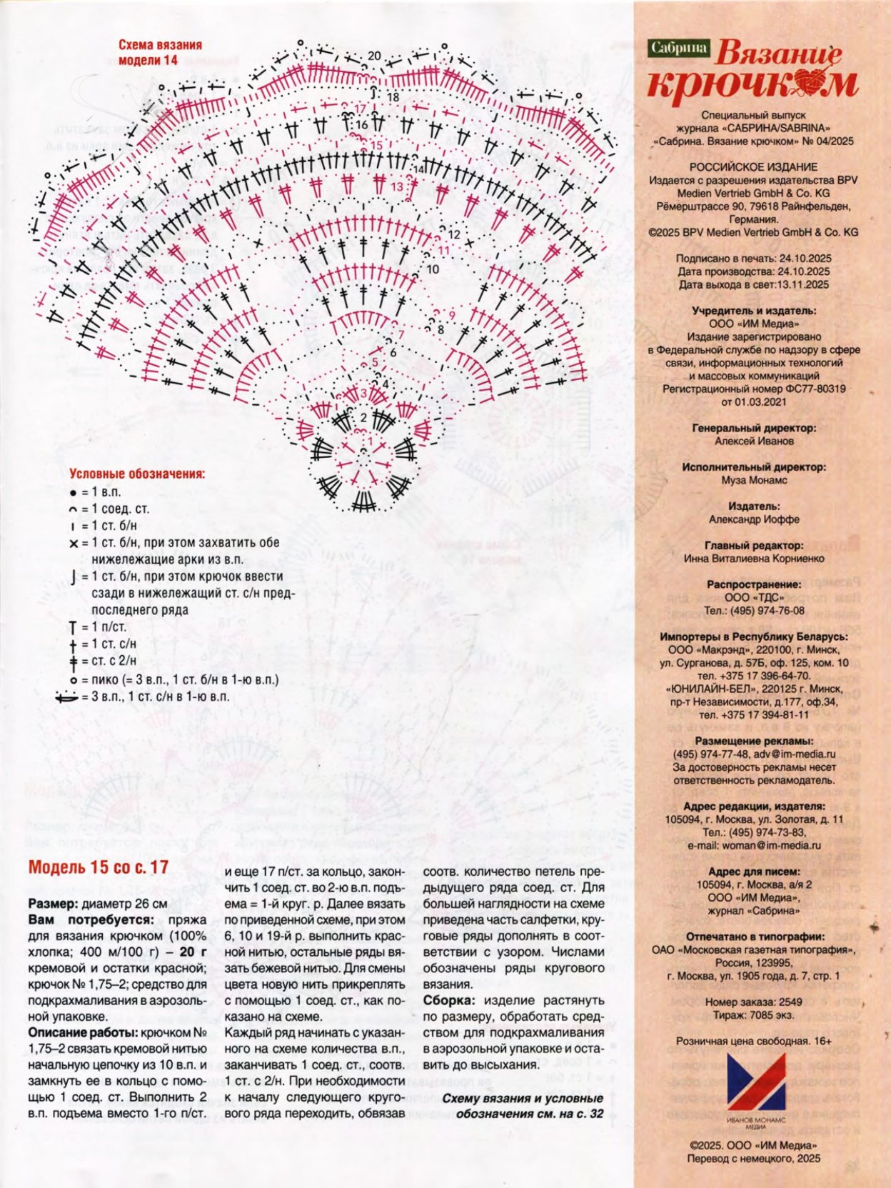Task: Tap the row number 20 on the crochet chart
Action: (x=374, y=56)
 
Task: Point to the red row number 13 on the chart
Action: (x=398, y=186)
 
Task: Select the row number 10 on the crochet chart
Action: (x=433, y=269)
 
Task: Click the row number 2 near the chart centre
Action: (x=363, y=417)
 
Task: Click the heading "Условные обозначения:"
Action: (x=137, y=474)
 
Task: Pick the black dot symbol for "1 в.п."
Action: (x=73, y=493)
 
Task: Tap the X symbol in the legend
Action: (x=74, y=544)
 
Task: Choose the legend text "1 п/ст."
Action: (x=109, y=627)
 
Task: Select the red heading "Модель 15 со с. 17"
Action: (x=99, y=867)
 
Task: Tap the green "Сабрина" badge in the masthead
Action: (x=678, y=48)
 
